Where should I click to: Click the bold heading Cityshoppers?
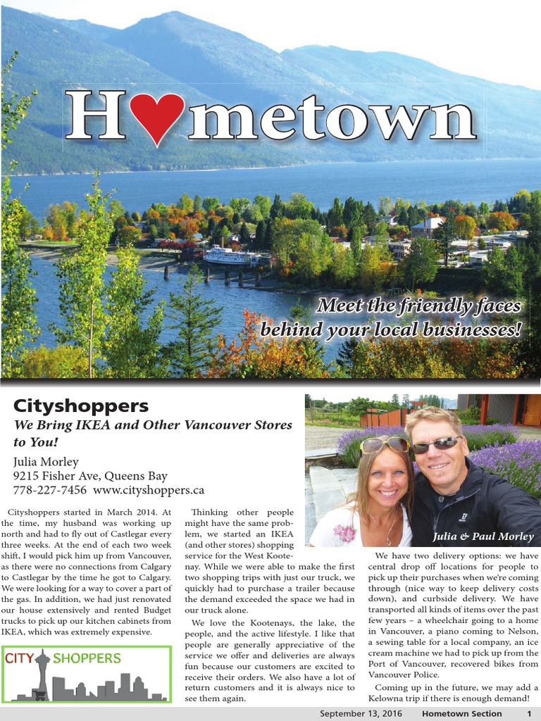point(81,406)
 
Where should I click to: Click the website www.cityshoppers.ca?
point(149,489)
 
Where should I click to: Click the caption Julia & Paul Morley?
point(483,537)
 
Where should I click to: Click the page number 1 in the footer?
point(529,713)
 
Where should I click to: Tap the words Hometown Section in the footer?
point(461,713)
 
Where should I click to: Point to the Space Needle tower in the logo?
point(43,672)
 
